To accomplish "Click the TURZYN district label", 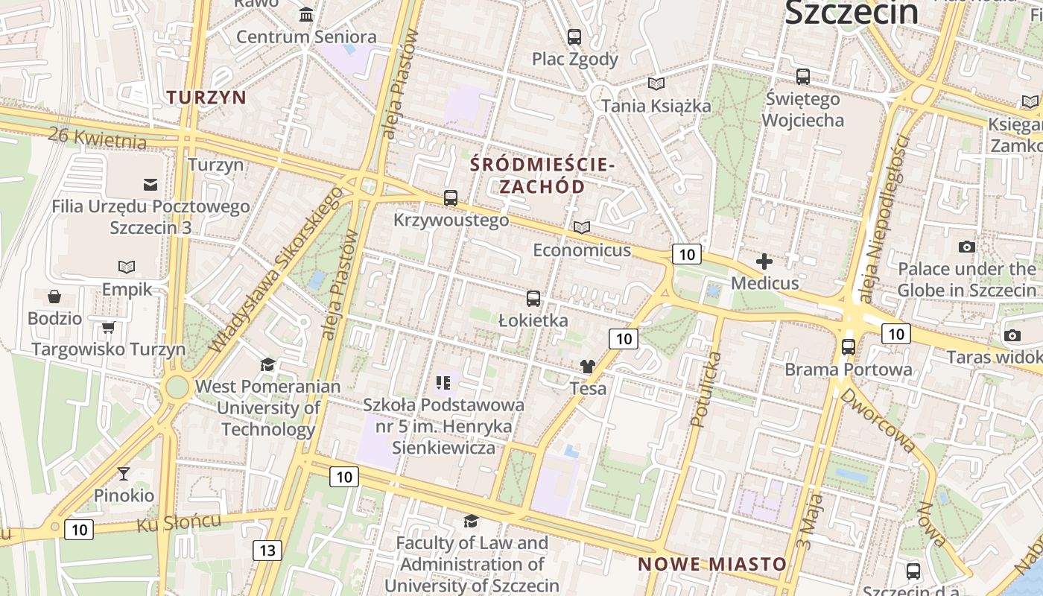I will [x=206, y=98].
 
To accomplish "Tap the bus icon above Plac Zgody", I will [x=574, y=37].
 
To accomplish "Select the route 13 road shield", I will [x=267, y=551].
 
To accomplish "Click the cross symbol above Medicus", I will [x=764, y=261].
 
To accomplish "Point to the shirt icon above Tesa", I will [x=588, y=367].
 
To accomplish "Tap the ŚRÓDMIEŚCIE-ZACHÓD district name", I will [x=542, y=175].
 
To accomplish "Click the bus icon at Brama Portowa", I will [x=849, y=347].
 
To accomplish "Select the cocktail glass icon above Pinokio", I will [x=124, y=473].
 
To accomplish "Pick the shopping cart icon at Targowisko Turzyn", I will [x=108, y=327].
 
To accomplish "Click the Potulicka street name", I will [x=705, y=390].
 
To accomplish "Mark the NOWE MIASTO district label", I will [x=711, y=564].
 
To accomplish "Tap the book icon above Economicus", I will [x=582, y=227].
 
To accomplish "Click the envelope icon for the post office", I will [x=150, y=184].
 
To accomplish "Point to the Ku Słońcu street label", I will [x=179, y=522].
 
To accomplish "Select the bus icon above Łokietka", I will [x=533, y=299].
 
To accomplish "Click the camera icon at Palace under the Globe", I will [x=967, y=247].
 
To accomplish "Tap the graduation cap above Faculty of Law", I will [x=471, y=521].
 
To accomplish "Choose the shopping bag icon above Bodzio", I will [x=54, y=297].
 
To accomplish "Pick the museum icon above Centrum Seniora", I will [x=306, y=15].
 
